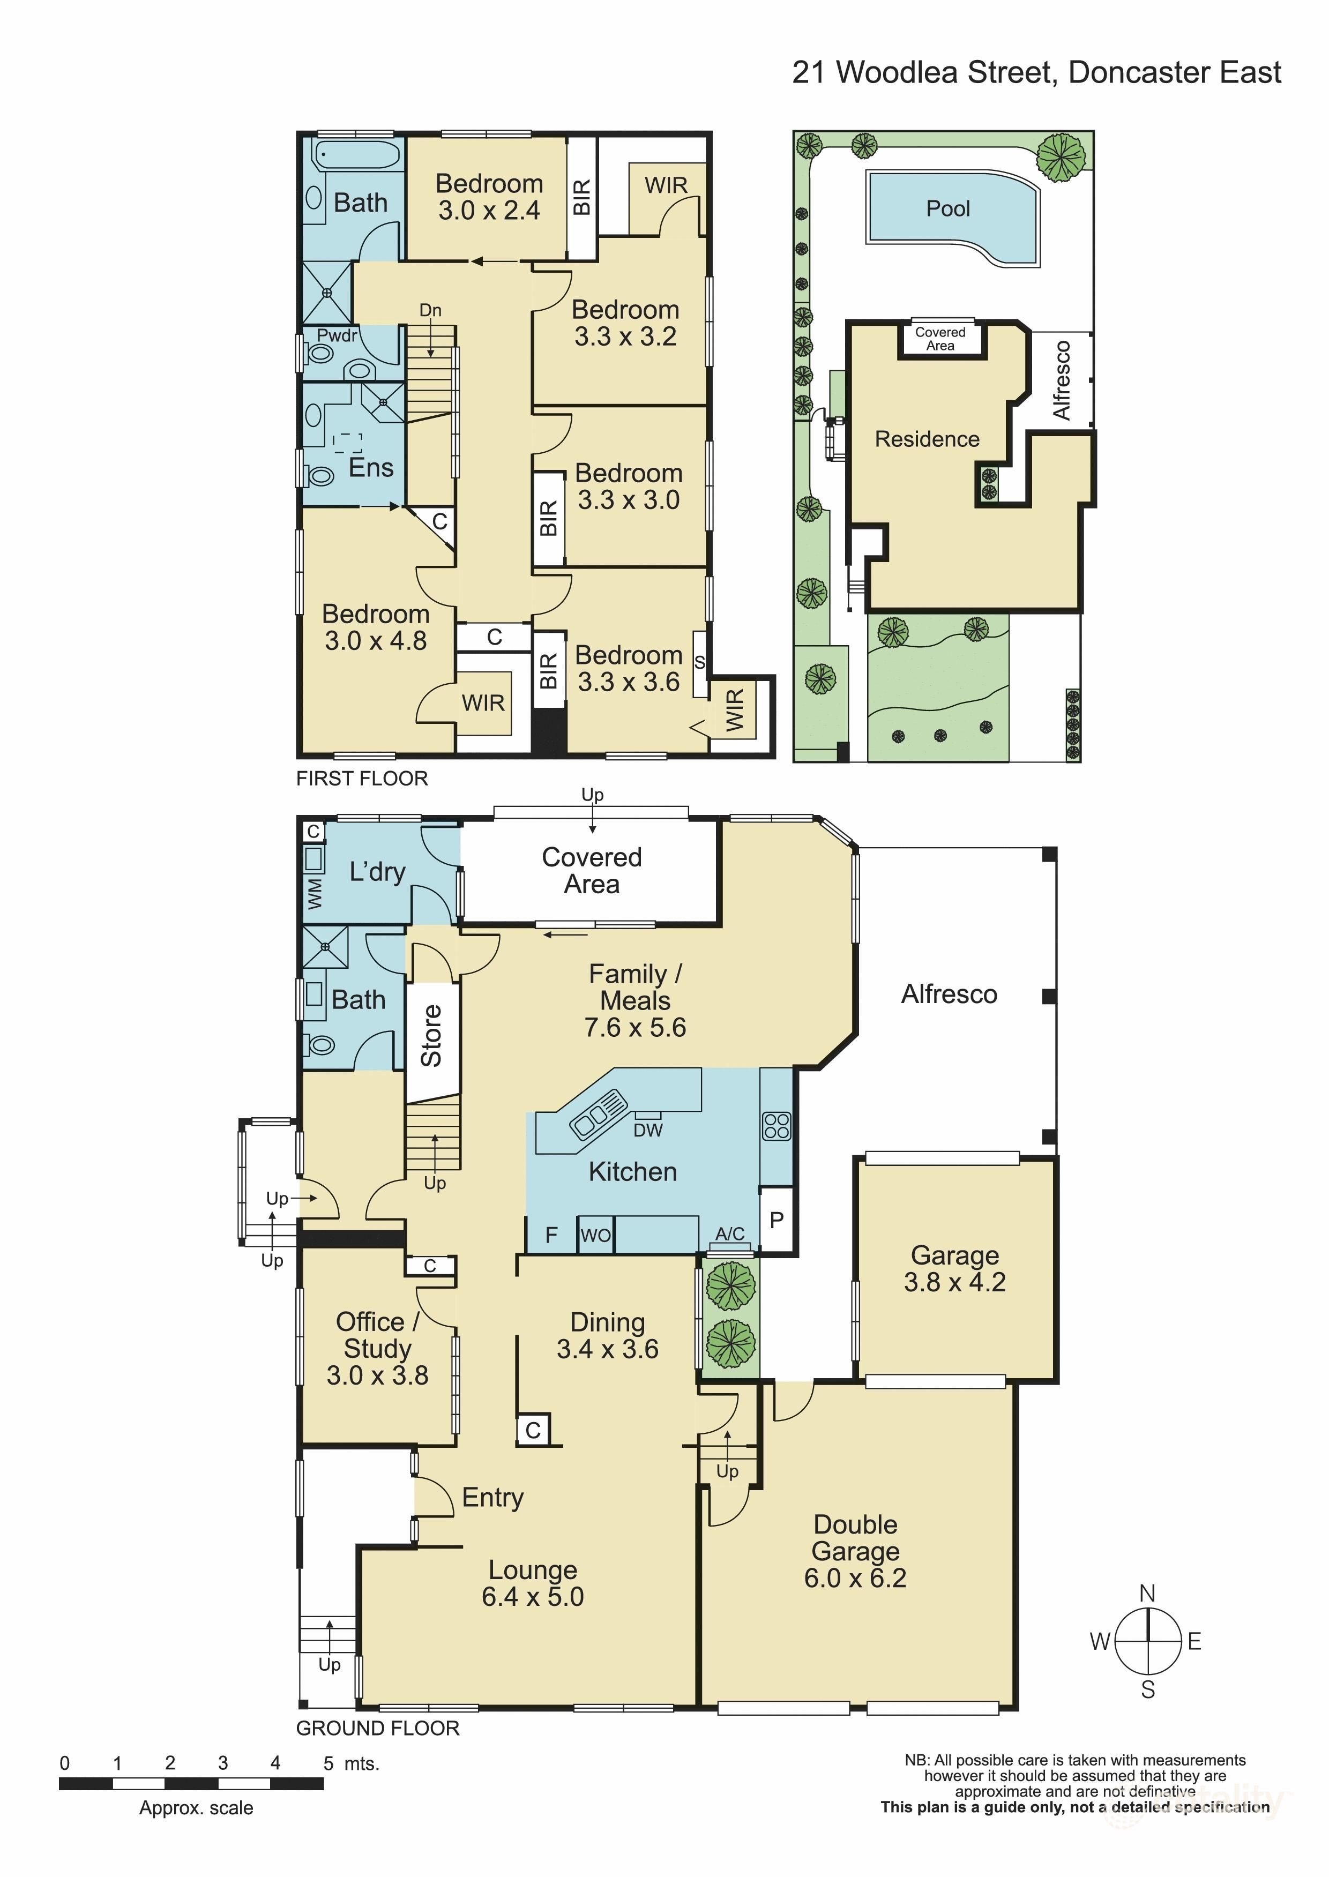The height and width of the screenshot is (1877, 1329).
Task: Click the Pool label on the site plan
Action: (947, 208)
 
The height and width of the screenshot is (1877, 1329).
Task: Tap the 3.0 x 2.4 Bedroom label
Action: (489, 197)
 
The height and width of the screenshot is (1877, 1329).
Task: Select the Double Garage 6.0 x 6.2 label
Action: (855, 1551)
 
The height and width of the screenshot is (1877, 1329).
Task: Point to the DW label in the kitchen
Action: (647, 1130)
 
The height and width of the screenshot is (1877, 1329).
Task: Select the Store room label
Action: (431, 1035)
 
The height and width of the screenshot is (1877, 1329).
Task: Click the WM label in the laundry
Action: (314, 894)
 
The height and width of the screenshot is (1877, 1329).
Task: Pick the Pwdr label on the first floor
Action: (337, 335)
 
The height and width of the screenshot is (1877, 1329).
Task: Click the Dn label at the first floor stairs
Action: (430, 310)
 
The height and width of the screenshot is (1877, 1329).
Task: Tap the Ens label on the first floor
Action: (371, 468)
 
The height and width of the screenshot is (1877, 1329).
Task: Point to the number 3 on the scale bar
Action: (222, 1763)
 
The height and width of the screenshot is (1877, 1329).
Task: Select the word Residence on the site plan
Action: (927, 439)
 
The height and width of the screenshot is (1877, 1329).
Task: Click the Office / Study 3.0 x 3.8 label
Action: (377, 1349)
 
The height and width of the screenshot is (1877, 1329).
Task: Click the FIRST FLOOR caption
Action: (362, 778)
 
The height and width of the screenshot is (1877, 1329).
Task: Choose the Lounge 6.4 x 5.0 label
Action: (533, 1583)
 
